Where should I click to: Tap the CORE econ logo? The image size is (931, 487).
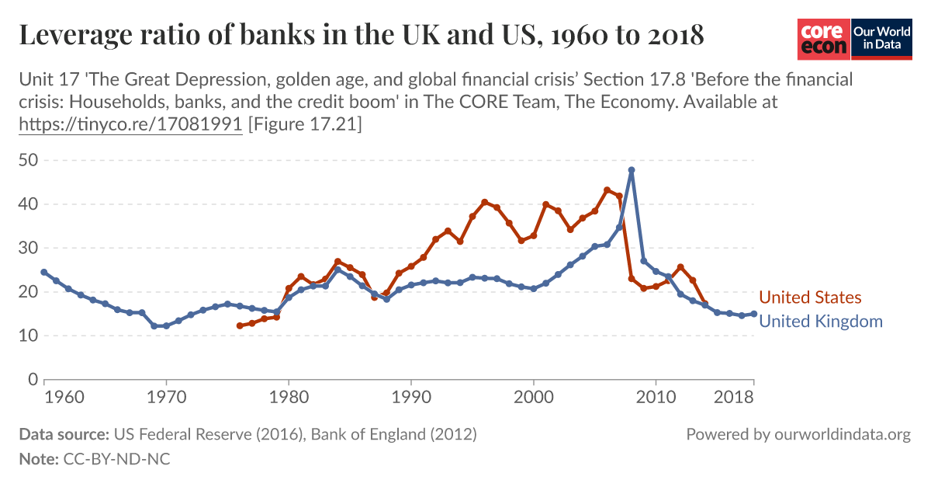click(823, 39)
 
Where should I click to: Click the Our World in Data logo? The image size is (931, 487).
click(881, 39)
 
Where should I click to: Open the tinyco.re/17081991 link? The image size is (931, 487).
click(130, 123)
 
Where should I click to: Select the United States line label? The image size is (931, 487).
click(810, 297)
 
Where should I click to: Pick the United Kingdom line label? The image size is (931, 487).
click(820, 322)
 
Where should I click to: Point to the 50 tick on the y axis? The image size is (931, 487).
click(29, 161)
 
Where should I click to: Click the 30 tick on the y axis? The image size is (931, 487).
click(29, 249)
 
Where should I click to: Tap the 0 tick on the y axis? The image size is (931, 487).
click(33, 380)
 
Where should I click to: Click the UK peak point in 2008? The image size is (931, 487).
click(632, 170)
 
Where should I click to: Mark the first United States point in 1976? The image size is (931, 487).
click(240, 325)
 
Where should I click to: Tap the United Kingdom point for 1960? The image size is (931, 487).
click(44, 273)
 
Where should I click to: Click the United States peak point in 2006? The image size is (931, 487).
click(607, 190)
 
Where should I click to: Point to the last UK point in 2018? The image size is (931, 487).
click(753, 314)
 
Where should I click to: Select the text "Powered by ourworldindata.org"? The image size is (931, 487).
click(798, 434)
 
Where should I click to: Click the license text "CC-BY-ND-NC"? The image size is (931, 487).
click(115, 459)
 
